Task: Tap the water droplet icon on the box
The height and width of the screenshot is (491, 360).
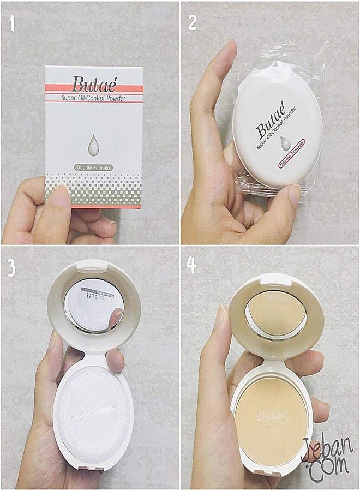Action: [x=93, y=144]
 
